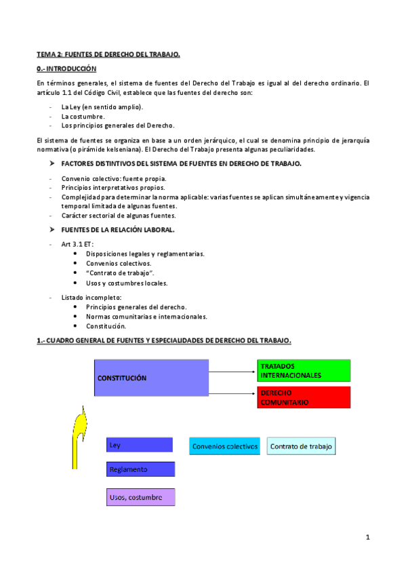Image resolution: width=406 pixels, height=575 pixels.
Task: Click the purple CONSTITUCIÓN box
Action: point(151,378)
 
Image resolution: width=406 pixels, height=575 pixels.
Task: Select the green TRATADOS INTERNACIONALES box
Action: point(304,370)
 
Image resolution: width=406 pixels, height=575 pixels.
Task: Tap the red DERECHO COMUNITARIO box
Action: point(304,397)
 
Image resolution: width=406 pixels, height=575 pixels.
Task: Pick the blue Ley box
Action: point(140,445)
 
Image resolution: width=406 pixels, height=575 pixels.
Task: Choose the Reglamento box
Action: point(140,469)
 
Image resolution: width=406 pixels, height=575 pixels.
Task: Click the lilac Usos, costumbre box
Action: point(140,497)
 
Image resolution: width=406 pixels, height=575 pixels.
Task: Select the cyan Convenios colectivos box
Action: point(225,446)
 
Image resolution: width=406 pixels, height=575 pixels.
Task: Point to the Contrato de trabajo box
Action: point(302,446)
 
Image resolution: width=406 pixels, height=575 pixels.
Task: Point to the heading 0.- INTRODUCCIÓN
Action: point(67,69)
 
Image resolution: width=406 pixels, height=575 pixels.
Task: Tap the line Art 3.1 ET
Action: point(77,243)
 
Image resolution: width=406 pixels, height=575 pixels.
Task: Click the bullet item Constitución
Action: point(106,326)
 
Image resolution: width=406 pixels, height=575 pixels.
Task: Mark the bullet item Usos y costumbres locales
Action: point(127,283)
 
